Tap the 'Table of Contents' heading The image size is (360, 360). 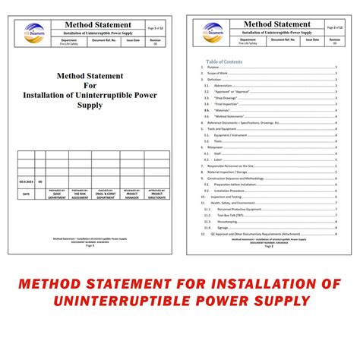click(224, 62)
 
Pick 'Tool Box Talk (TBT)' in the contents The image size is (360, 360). click(227, 214)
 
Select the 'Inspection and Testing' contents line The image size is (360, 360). click(228, 196)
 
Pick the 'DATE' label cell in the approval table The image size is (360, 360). click(27, 194)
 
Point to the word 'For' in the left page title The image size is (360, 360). click(90, 87)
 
